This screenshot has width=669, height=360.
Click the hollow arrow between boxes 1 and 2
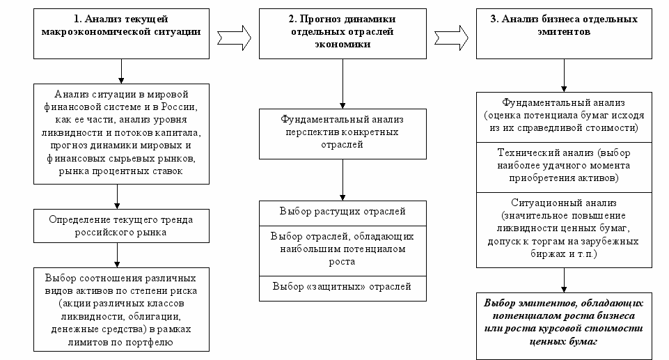[234, 38]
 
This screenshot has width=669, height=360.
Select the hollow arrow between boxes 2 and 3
[451, 38]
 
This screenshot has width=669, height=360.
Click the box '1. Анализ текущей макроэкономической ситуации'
[121, 33]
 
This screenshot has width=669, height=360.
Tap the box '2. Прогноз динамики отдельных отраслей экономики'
[343, 33]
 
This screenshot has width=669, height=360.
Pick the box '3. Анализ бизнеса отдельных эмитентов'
[564, 33]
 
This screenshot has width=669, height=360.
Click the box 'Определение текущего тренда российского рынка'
[121, 226]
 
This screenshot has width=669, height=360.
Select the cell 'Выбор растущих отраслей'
[343, 213]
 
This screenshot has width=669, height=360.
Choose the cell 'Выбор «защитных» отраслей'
[343, 288]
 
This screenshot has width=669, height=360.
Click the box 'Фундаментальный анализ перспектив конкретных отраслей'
[343, 134]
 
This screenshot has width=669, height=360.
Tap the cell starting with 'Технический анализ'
[564, 167]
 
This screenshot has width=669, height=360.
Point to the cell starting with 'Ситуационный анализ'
[564, 230]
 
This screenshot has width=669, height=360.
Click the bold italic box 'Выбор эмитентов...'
[564, 327]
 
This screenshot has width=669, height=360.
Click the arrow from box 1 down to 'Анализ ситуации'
[121, 71]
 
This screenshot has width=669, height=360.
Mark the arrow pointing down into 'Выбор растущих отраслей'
[343, 180]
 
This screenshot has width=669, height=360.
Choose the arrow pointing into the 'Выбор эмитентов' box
[564, 280]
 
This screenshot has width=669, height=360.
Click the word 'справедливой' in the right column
[554, 128]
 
